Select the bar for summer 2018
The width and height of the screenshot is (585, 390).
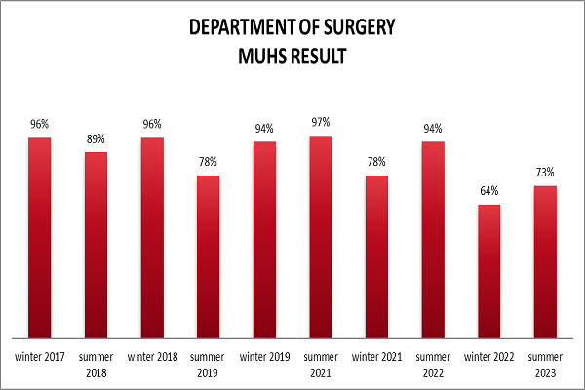96,244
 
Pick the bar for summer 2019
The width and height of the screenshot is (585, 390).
208,255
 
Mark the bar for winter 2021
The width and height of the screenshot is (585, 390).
376,255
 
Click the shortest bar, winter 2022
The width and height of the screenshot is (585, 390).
488,270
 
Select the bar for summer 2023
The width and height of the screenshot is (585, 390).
545,261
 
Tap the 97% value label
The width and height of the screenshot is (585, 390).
321,122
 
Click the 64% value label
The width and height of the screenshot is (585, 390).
488,190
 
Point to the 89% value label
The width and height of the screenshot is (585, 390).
96,138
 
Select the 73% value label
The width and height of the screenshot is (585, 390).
545,172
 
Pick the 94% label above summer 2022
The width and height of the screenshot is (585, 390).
433,128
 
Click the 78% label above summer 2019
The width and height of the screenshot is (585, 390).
208,162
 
